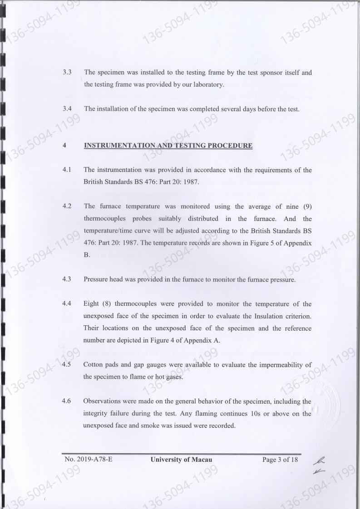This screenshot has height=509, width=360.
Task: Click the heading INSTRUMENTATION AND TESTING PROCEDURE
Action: click(168, 146)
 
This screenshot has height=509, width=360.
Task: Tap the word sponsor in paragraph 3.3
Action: click(248, 72)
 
